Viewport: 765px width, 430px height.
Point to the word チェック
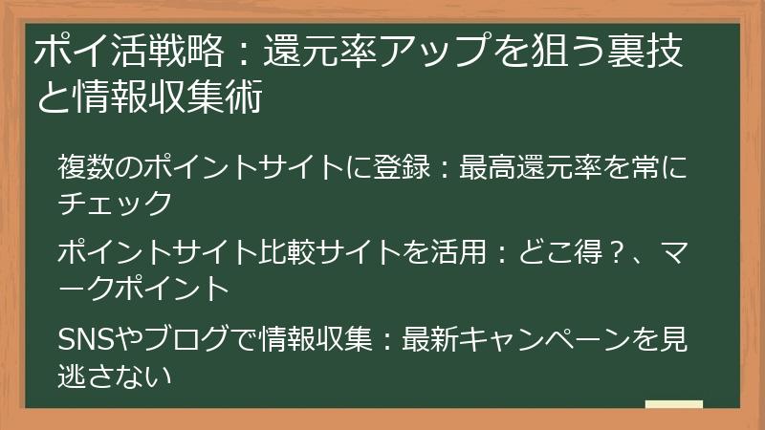(x=116, y=203)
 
